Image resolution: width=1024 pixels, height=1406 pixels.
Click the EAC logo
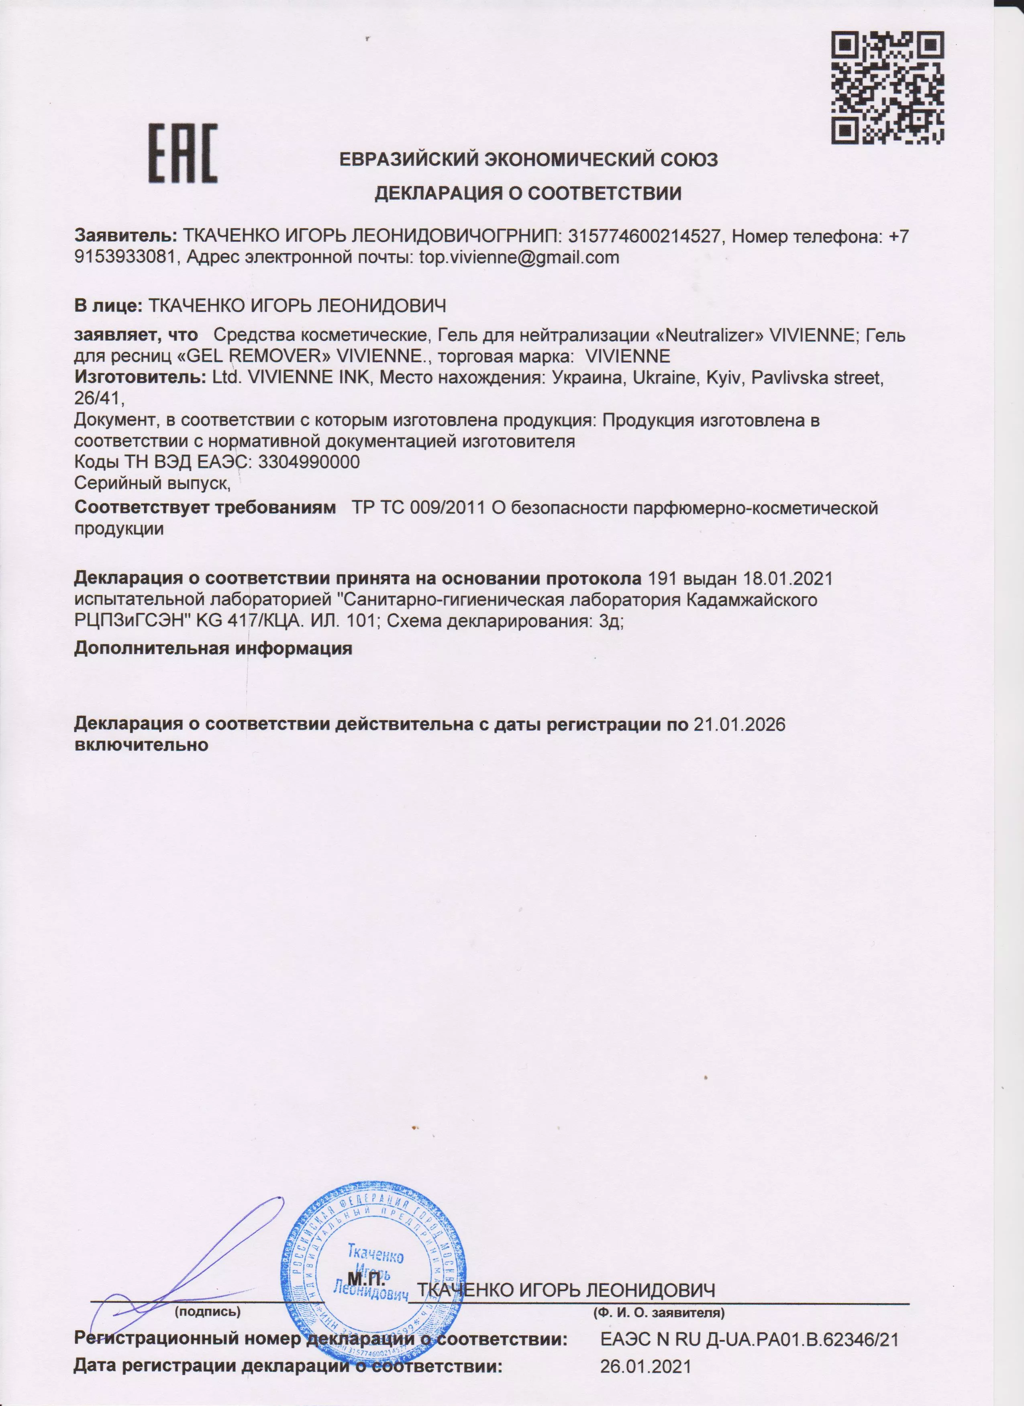(x=183, y=153)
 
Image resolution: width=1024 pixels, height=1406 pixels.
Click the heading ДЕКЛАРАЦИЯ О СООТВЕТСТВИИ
(x=528, y=194)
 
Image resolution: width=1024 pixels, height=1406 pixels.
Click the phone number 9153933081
(x=124, y=257)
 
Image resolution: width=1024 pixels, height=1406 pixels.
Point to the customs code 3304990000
(x=309, y=462)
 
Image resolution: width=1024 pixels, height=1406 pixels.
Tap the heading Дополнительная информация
(x=213, y=649)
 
